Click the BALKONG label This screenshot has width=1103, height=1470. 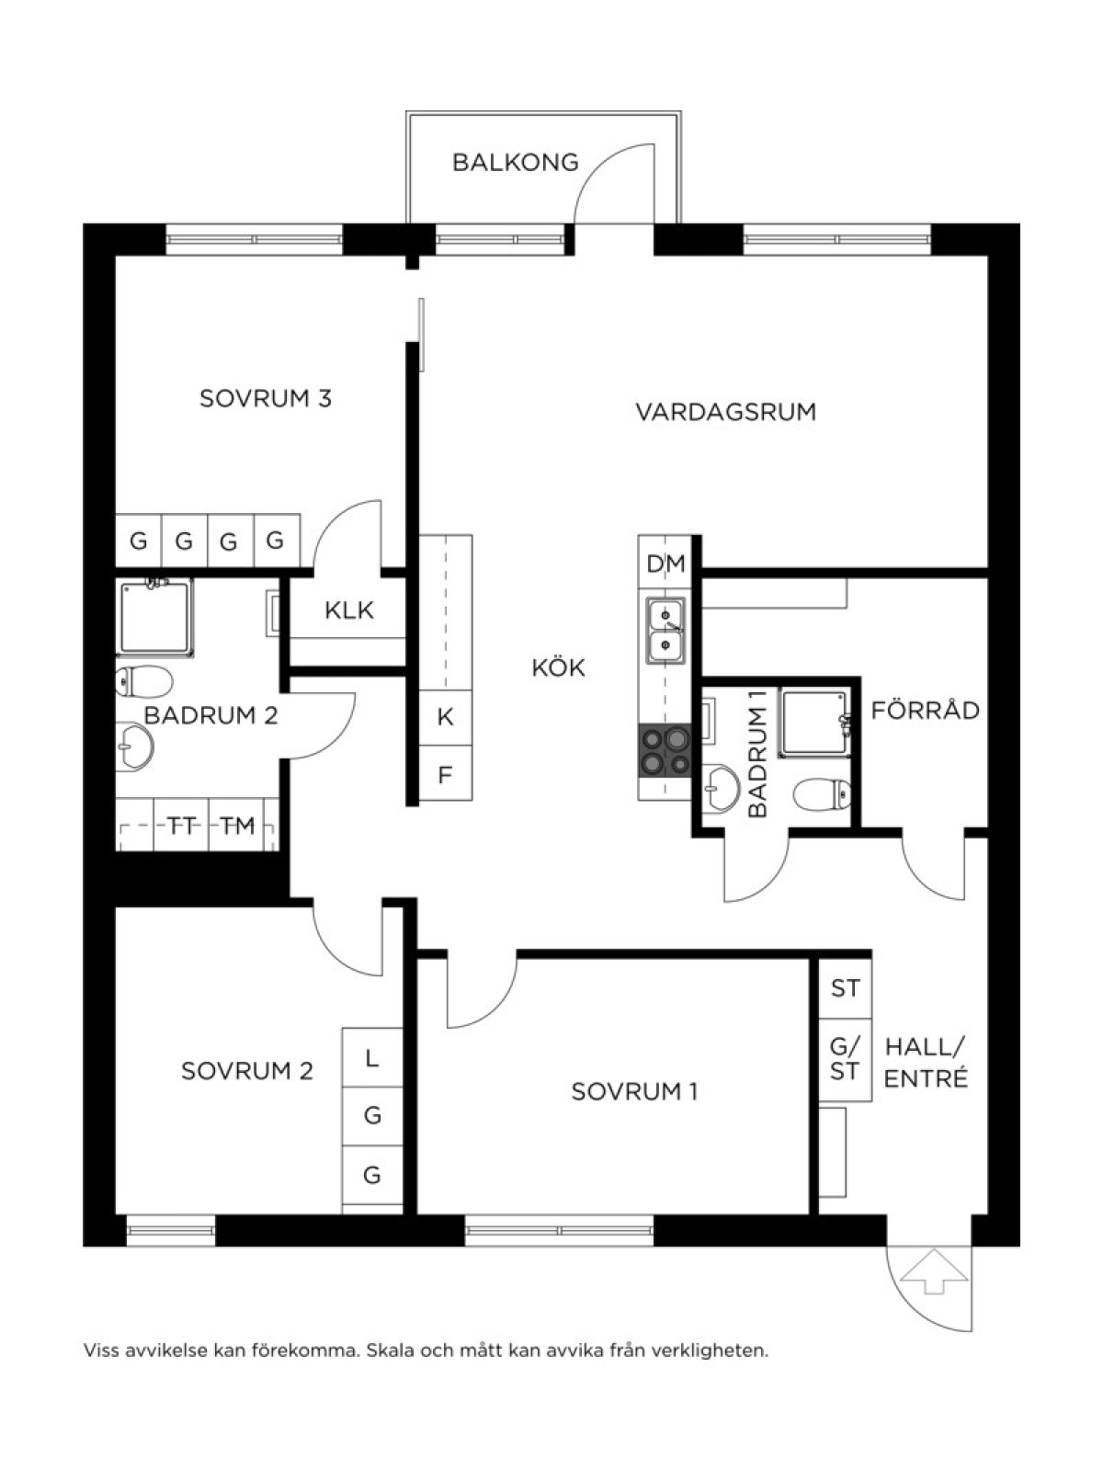point(516,163)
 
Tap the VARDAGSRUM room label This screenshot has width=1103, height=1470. point(726,412)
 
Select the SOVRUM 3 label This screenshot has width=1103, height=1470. point(266,399)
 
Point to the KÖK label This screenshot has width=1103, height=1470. point(559,667)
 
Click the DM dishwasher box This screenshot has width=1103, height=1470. point(665,564)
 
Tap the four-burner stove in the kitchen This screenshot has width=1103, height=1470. point(665,751)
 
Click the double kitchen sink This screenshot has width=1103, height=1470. point(665,630)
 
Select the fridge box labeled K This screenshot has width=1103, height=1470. point(446,717)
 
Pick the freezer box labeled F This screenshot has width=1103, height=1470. point(446,773)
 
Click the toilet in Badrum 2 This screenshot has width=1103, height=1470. point(144,682)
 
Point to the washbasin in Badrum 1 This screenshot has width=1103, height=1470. point(720,788)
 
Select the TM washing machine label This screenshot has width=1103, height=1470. point(238,826)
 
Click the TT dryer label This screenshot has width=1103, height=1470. point(182,826)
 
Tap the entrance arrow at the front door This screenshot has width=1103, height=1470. point(935,1270)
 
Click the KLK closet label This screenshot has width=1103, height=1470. point(348,610)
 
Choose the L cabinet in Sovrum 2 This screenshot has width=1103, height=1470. point(373,1057)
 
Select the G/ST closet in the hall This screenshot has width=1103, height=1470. point(846,1059)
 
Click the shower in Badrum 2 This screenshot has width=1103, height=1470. point(154,618)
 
